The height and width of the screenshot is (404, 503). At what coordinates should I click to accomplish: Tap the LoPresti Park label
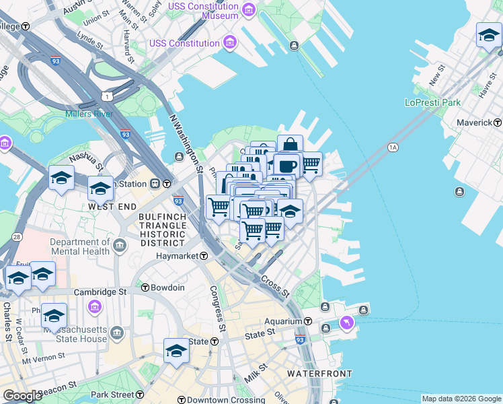pyautogui.click(x=432, y=102)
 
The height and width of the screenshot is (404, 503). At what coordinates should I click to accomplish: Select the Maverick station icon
pyautogui.click(x=498, y=123)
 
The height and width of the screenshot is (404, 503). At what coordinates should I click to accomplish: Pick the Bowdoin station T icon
pyautogui.click(x=145, y=288)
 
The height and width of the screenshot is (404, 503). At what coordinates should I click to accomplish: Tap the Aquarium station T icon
pyautogui.click(x=308, y=321)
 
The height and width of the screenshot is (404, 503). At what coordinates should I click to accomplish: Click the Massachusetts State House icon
pyautogui.click(x=118, y=333)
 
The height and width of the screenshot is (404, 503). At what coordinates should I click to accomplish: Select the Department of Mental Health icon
pyautogui.click(x=120, y=244)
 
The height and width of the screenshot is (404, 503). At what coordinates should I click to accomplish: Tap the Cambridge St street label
pyautogui.click(x=100, y=292)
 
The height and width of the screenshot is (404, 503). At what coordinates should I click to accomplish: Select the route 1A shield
pyautogui.click(x=393, y=147)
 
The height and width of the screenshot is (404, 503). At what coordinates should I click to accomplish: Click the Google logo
pyautogui.click(x=22, y=396)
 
